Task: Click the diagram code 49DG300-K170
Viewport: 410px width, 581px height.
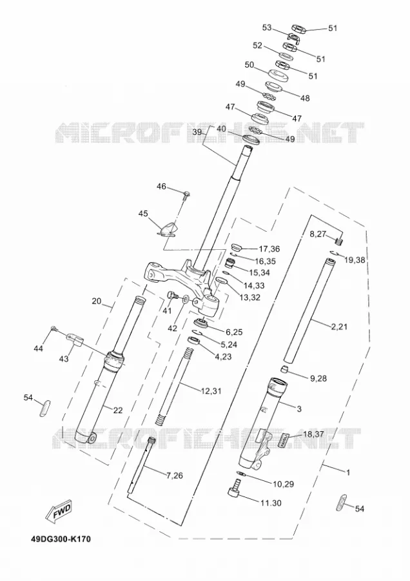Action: (61, 539)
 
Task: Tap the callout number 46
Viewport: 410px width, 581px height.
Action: (161, 187)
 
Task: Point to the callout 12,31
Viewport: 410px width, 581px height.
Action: (211, 391)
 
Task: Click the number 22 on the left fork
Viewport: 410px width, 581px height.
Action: (118, 410)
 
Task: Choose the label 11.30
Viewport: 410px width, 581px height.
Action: (271, 503)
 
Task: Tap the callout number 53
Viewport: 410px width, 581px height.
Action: (267, 27)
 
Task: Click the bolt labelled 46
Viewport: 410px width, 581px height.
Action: (186, 194)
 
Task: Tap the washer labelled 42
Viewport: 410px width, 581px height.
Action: (186, 298)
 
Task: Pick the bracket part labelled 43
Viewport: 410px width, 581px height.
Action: (75, 340)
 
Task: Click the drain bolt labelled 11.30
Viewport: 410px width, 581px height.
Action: (234, 487)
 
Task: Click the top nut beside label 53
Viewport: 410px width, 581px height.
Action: (298, 28)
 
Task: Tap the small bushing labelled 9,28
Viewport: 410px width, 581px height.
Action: (284, 369)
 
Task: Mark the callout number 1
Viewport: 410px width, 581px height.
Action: (347, 473)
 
